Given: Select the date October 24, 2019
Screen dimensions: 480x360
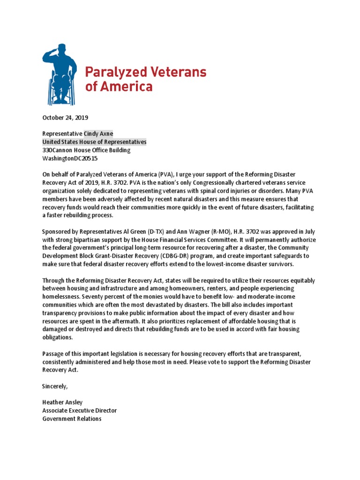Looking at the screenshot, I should click(x=65, y=118).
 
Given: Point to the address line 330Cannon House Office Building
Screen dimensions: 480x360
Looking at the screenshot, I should click(x=86, y=150).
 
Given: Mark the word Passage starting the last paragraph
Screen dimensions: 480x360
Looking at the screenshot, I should click(x=54, y=354).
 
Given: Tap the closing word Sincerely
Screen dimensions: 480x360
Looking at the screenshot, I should click(x=55, y=386).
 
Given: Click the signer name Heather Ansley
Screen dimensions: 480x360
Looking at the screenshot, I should click(x=63, y=403).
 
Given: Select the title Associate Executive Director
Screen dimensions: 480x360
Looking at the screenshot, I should click(x=79, y=411).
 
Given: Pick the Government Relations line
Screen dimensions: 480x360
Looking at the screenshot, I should click(x=72, y=419).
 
